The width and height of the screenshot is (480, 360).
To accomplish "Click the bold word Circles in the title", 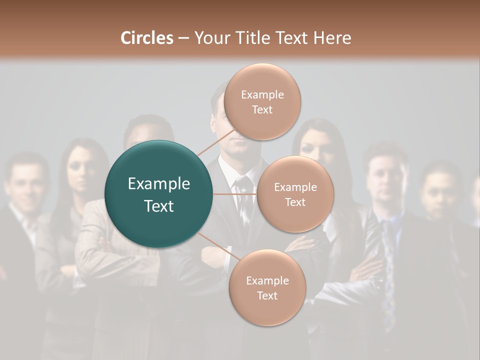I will click(147, 38).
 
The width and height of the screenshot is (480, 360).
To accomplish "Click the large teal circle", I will click(159, 194).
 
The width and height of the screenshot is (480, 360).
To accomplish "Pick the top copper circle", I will click(262, 101).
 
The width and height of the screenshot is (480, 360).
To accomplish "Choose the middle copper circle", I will click(295, 194).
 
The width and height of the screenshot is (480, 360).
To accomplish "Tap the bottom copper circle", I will click(267, 288).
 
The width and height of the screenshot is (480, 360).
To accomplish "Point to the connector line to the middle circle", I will click(235, 193).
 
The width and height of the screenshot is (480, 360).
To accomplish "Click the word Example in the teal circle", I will click(159, 184).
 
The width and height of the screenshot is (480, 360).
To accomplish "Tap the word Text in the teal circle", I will click(159, 206).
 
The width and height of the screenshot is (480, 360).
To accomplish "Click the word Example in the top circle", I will click(262, 95).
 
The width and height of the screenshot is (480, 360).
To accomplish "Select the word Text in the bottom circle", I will click(267, 295).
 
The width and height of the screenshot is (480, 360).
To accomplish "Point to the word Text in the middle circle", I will click(295, 202).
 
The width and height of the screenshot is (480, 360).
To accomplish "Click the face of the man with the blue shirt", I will click(385, 180).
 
